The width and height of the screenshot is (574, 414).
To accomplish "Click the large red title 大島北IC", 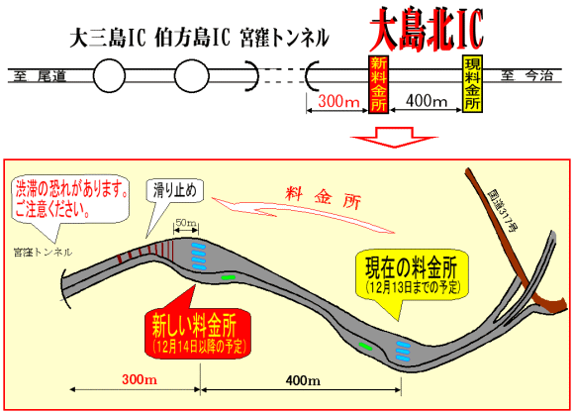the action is pos(427,29).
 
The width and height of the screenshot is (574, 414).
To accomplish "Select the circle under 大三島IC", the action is pos(109,76).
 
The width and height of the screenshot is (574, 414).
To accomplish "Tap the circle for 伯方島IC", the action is pos(191,76).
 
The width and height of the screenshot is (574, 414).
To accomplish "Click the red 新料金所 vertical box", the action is pos(378,84).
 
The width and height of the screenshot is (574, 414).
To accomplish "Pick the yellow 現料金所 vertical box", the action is pos(472,83).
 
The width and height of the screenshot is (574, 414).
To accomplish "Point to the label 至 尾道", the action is pos(40,76).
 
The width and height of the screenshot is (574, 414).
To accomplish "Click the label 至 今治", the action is pos(526,76).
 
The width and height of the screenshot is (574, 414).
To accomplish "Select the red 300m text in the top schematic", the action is pos(338,101).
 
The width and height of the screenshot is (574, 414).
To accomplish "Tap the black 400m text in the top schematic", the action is pos(427,100).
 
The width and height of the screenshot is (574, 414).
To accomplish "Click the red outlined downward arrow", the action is pos(394,138).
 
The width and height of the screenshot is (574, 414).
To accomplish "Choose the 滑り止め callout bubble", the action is pos(175,190).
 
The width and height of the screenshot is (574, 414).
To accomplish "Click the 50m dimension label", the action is pos(186,223).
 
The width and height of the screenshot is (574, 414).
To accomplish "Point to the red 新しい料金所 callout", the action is pos(198,333).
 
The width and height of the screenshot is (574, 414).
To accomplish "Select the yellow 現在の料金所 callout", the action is pos(413,274).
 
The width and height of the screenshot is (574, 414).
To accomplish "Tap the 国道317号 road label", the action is pos(503,210).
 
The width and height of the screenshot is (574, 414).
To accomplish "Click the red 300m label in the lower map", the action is pos(140,379).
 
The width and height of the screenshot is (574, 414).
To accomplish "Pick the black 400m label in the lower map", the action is pos(303,380).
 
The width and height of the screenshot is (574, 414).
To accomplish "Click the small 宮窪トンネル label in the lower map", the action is pos(43,252).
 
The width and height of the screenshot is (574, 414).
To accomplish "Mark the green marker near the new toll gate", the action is pos(228,277).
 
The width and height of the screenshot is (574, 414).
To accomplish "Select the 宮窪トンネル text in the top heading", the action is pos(284,38).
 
